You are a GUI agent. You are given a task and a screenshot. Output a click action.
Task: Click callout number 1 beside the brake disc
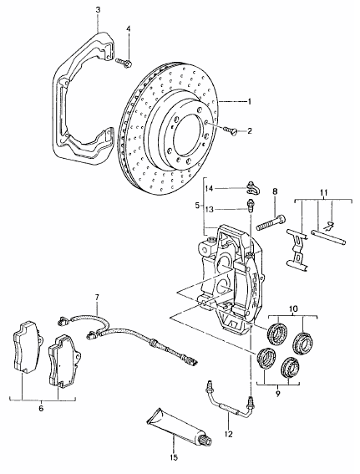click(250, 102)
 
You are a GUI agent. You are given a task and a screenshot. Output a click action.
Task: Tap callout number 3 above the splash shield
click(99, 10)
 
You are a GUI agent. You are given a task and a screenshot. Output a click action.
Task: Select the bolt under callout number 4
click(124, 63)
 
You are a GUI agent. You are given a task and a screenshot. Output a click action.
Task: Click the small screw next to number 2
click(231, 131)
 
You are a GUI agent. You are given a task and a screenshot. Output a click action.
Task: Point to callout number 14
click(209, 189)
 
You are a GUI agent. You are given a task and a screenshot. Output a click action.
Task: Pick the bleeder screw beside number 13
click(250, 206)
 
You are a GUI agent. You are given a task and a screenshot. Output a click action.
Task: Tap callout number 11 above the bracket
click(323, 192)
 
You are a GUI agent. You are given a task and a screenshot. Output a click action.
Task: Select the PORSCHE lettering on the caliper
click(253, 289)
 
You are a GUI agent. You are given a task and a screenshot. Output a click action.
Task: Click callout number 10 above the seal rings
click(292, 308)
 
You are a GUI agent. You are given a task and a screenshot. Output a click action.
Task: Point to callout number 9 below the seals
click(278, 394)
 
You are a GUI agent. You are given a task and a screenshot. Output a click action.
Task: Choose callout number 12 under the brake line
click(229, 434)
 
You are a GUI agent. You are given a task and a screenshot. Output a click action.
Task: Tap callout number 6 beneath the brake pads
click(41, 409)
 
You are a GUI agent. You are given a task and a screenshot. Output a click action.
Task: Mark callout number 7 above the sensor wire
click(97, 298)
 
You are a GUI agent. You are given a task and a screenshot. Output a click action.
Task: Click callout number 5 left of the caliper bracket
click(197, 206)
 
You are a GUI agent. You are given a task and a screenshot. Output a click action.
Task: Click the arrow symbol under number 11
click(331, 225)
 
